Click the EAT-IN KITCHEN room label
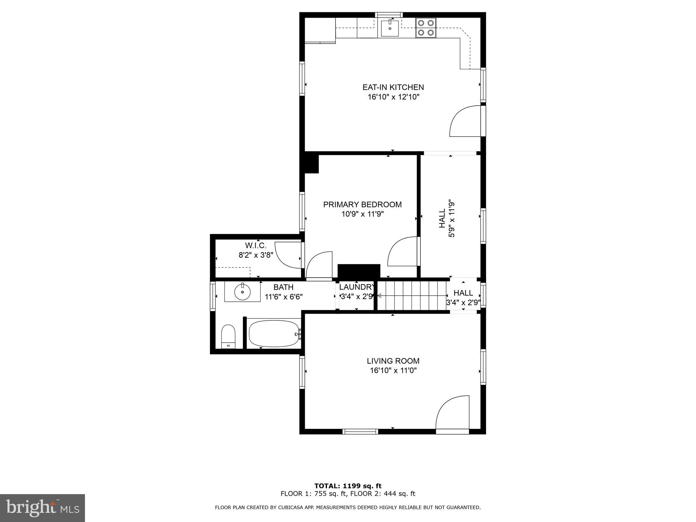tap(393, 87)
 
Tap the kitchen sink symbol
tap(389, 28)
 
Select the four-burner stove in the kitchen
tap(426, 28)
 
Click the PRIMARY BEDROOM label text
tap(362, 205)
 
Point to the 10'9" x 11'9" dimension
tap(362, 214)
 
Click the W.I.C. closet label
tap(256, 245)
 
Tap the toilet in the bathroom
tap(228, 336)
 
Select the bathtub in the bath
tap(274, 334)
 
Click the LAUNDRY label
tap(356, 286)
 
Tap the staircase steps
tap(412, 296)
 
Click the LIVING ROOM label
tap(393, 361)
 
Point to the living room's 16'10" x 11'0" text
tap(393, 370)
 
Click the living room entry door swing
tap(452, 413)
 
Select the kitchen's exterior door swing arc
tap(465, 121)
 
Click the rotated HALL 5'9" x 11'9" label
tap(447, 219)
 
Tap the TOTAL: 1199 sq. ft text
tap(348, 486)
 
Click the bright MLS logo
tap(42, 508)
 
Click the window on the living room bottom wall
tap(360, 432)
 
